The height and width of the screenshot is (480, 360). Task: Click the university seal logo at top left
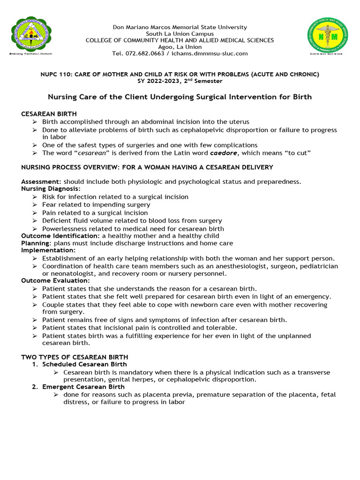coord(31,36)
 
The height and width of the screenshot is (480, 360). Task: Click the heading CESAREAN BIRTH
coord(49,114)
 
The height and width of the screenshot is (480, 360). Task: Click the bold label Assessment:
coord(41,181)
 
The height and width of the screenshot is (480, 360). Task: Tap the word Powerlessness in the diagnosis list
coord(64,228)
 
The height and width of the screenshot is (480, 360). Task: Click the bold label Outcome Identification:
coord(60,236)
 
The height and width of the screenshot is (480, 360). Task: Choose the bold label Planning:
coord(36,243)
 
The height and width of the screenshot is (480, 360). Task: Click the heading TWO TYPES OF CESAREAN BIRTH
coord(75,357)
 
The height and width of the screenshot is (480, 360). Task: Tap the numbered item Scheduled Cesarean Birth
coord(84,364)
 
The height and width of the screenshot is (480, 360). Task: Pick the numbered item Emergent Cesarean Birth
coord(83,387)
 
